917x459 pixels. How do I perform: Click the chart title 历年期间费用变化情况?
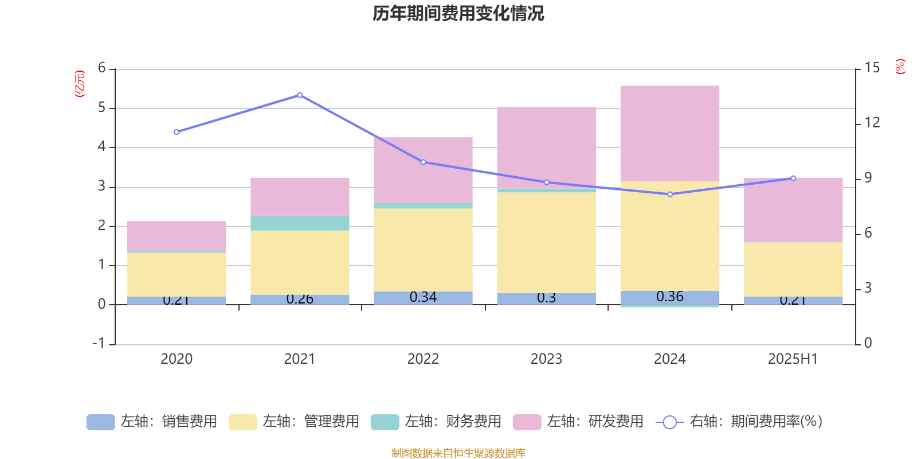click(458, 13)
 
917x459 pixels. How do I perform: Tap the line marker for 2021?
click(300, 95)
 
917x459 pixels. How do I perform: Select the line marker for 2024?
click(670, 195)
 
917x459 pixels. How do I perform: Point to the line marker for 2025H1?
click(793, 178)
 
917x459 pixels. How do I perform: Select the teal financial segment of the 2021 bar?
click(300, 223)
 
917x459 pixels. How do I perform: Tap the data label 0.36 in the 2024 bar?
click(670, 297)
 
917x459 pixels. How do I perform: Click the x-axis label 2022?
click(423, 359)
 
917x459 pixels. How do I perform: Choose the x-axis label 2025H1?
click(793, 359)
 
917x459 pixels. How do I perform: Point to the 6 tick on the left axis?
click(102, 68)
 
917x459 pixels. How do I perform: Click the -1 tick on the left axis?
click(99, 343)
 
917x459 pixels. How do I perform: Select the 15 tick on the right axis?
click(872, 68)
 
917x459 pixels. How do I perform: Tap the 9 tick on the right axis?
click(868, 178)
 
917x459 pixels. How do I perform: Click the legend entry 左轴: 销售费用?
click(152, 422)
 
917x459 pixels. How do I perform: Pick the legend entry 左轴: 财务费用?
click(436, 422)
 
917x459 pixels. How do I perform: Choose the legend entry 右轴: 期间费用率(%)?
click(739, 422)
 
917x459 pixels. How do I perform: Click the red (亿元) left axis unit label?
click(80, 84)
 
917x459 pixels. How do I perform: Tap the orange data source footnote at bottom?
click(458, 453)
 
